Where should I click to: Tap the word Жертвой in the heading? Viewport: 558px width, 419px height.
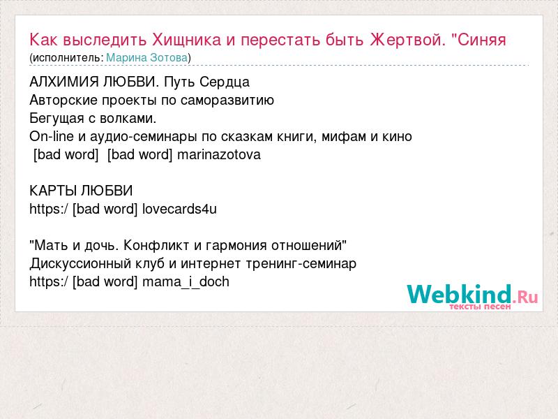pos(408,39)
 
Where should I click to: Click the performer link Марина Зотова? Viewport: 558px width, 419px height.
pos(147,57)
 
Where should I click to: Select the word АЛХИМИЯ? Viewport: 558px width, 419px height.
pos(64,82)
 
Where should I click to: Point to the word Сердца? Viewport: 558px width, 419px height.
pos(224,82)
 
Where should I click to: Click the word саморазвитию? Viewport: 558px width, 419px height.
pos(227,100)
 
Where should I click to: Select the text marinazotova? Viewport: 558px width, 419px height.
pos(219,154)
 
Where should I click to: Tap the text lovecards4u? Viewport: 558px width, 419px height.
pos(179,209)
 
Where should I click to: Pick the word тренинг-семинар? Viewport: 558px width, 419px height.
pos(301,264)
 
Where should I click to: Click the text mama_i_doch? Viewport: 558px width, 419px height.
pos(186,282)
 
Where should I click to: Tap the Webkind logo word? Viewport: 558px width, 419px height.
pos(460,294)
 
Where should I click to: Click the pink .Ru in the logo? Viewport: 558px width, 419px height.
pos(525,296)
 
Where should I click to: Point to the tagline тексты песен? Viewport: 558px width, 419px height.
pos(480,307)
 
